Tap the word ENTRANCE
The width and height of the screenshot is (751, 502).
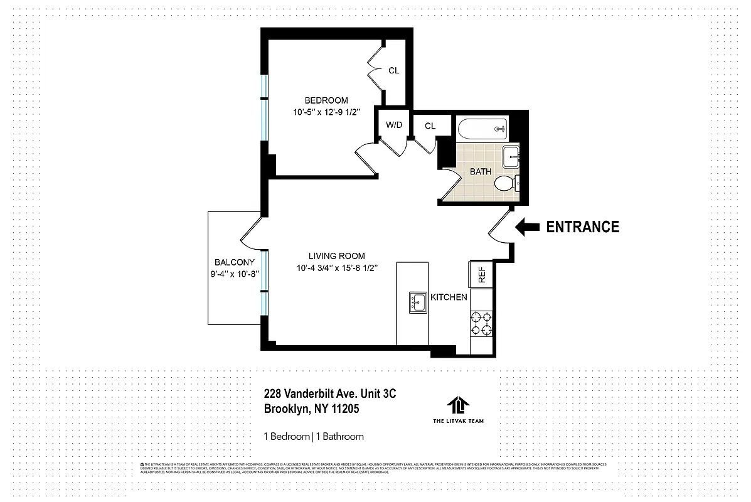click(582, 227)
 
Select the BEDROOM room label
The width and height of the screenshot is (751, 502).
click(326, 100)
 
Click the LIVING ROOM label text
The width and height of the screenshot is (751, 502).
click(336, 256)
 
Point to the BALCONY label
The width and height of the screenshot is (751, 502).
click(234, 262)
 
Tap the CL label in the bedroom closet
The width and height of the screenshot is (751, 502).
click(393, 71)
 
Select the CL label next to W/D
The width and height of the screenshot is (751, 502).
click(430, 126)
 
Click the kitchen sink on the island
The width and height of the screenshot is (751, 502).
click(417, 302)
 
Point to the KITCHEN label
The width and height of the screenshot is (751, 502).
click(448, 297)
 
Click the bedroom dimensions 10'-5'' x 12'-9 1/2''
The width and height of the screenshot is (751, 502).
click(326, 113)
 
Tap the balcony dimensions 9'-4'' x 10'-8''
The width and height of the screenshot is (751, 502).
click(234, 274)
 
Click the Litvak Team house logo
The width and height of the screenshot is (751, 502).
click(458, 405)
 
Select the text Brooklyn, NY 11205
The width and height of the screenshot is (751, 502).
click(311, 409)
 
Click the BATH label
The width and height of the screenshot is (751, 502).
click(481, 171)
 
